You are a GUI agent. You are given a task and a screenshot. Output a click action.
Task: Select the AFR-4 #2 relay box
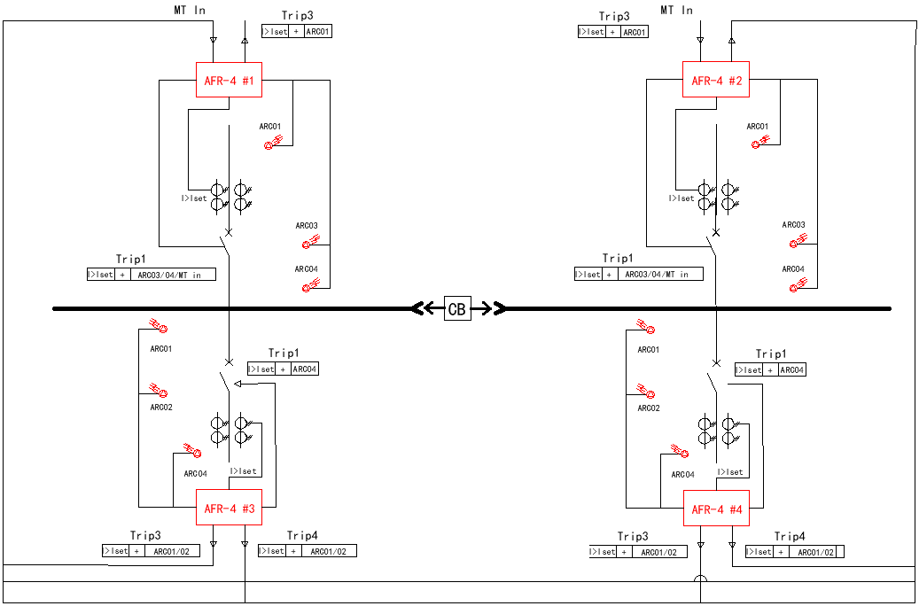tap(716, 81)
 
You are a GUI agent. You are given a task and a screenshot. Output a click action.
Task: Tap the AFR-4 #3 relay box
tap(229, 509)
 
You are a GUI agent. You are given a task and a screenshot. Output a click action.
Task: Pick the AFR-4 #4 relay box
tap(716, 509)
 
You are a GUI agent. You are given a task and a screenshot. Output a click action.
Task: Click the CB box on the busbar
tap(457, 309)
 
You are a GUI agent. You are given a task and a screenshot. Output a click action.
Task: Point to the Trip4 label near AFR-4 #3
tap(302, 536)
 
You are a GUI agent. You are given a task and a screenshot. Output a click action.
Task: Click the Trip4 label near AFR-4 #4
tap(790, 537)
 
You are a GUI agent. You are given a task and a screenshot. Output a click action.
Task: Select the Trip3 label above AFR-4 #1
tap(297, 16)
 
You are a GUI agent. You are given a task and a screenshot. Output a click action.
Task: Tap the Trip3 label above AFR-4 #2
tap(614, 16)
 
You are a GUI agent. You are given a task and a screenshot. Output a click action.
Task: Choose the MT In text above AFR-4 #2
tap(676, 10)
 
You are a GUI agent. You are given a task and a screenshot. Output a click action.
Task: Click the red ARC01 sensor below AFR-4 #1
tap(273, 142)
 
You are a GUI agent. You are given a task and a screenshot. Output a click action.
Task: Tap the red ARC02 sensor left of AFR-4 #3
tap(160, 391)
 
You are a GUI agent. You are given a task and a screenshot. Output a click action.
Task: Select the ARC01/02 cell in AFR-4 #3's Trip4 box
tap(329, 551)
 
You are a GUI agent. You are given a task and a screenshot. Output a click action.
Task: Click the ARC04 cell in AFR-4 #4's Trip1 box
tap(792, 370)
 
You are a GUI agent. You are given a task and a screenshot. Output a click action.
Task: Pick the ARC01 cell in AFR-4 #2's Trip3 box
tap(634, 32)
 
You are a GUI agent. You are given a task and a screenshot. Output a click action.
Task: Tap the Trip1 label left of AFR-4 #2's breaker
tap(618, 259)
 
